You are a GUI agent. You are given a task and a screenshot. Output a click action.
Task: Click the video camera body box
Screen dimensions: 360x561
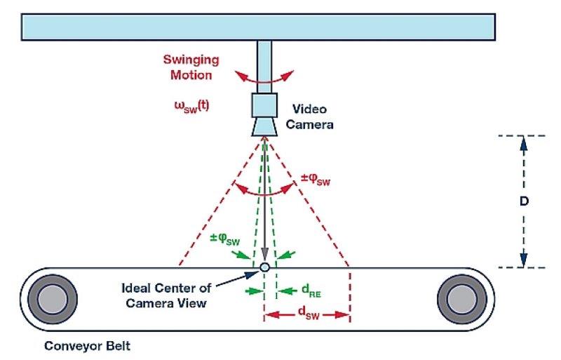(264, 106)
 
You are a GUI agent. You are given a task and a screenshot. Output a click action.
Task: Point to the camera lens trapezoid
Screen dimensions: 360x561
(264, 126)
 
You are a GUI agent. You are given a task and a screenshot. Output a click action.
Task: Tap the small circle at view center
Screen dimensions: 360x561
(264, 267)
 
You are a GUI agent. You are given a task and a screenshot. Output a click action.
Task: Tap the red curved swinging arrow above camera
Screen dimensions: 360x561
(264, 79)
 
